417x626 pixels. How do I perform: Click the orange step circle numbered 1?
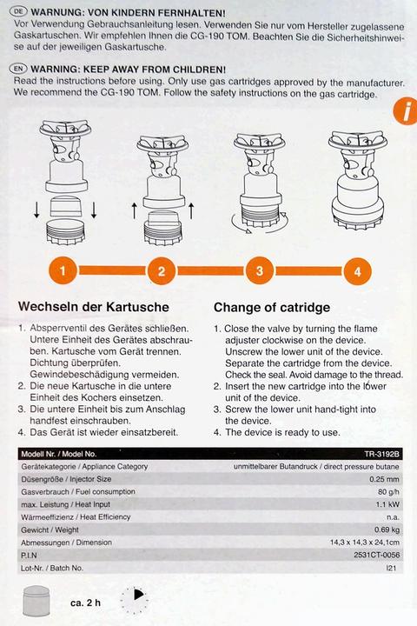click(x=63, y=270)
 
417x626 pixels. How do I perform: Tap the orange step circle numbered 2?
click(x=161, y=270)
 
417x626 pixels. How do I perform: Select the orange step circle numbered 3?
click(x=259, y=270)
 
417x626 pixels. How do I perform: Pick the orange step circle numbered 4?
click(x=357, y=270)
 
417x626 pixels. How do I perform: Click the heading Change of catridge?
click(x=271, y=307)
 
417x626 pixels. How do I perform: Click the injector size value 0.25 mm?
click(x=386, y=479)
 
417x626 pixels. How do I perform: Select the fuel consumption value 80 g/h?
click(x=388, y=491)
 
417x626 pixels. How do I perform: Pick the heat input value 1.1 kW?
click(x=388, y=504)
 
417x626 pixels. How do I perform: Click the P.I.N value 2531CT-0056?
click(x=378, y=555)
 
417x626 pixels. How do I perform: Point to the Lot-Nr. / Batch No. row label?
click(x=52, y=568)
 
